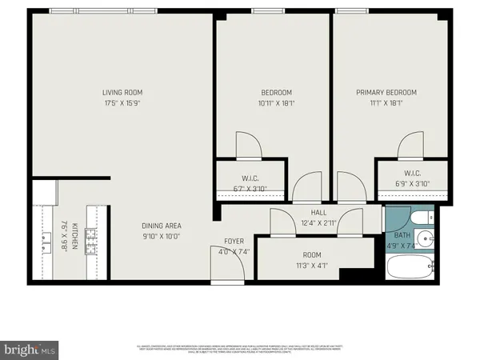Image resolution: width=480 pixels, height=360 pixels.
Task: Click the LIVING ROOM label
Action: tap(122, 92)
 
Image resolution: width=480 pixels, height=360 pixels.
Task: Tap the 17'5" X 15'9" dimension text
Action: tap(122, 102)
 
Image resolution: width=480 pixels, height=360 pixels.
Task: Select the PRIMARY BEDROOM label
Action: tap(386, 92)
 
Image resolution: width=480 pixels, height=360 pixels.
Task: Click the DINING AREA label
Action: tap(162, 225)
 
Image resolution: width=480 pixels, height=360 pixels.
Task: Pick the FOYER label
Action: tap(234, 241)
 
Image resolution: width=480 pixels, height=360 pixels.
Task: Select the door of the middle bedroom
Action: tap(247, 146)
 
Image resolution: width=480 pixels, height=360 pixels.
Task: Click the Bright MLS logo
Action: tap(28, 350)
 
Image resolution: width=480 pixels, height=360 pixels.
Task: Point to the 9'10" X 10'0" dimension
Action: tap(162, 235)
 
